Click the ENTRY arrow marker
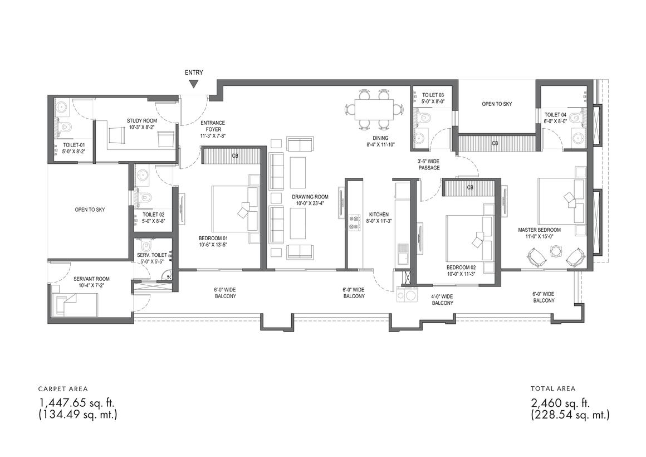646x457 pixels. (x=194, y=84)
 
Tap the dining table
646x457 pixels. (x=374, y=109)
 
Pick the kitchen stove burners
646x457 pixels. (x=354, y=222)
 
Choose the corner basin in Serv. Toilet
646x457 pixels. (x=167, y=275)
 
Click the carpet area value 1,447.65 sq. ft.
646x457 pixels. (x=77, y=402)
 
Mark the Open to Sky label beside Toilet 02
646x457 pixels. (x=90, y=210)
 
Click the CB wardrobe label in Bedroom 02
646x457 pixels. (x=470, y=188)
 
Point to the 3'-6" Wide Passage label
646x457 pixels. (x=429, y=164)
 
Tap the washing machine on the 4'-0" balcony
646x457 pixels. (x=405, y=296)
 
